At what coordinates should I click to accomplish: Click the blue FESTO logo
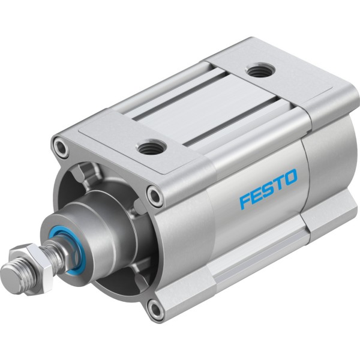268,189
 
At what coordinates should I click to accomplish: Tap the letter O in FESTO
290,177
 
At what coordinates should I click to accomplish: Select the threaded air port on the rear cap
260,70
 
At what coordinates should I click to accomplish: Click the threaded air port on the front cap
151,147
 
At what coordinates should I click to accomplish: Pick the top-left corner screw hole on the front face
61,147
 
